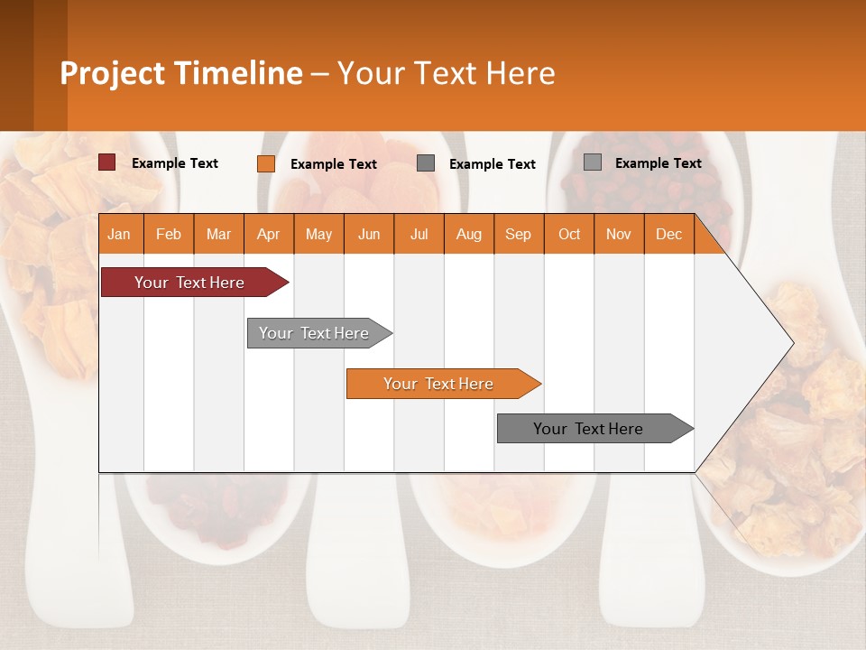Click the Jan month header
[x=119, y=234]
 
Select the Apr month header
[x=268, y=234]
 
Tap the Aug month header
[x=468, y=234]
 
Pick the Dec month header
[x=668, y=234]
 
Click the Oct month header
[x=569, y=234]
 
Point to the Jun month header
[x=369, y=234]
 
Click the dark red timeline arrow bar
[x=189, y=283]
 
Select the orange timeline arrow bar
[x=438, y=384]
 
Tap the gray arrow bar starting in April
[x=314, y=333]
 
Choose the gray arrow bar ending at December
[x=588, y=429]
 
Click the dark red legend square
[x=106, y=162]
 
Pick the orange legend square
[x=265, y=163]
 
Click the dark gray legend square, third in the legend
[x=426, y=163]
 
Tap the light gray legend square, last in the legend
[x=592, y=162]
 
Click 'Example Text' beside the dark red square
[x=175, y=163]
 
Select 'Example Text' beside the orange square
[x=334, y=164]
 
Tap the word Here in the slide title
[x=521, y=73]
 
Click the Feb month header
[x=169, y=234]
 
